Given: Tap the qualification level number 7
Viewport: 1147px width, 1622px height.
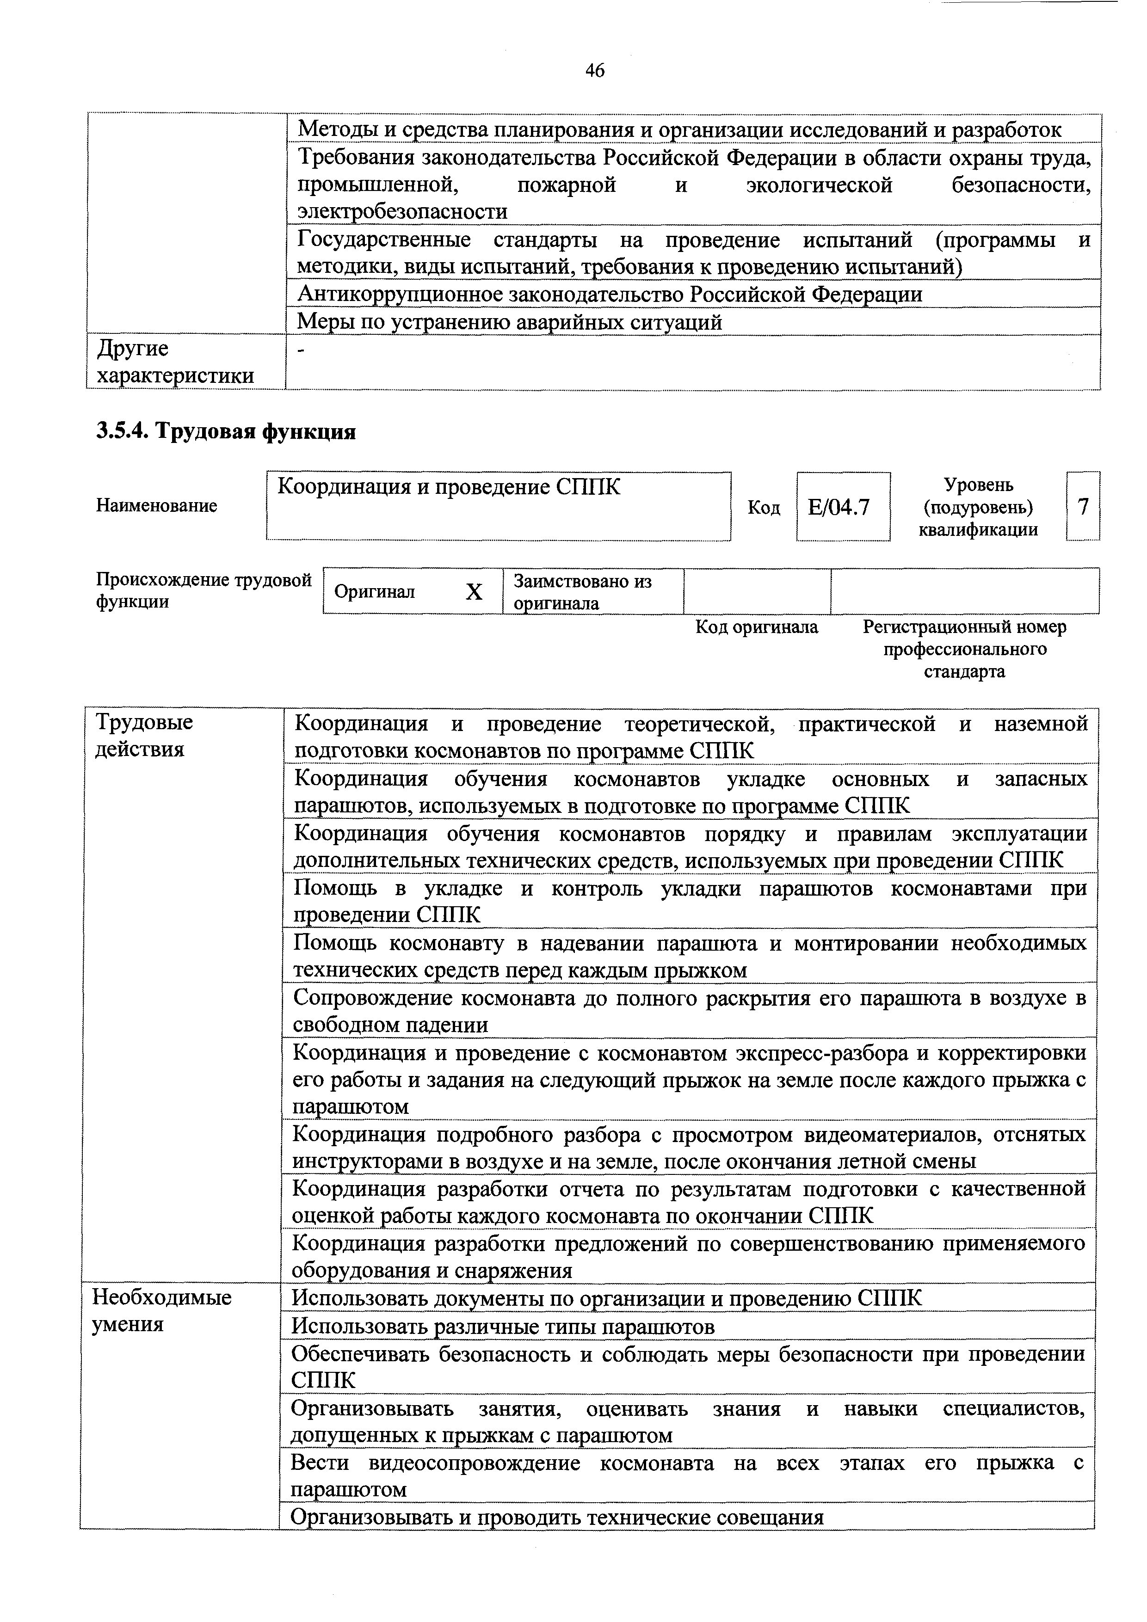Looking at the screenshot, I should pyautogui.click(x=1083, y=506).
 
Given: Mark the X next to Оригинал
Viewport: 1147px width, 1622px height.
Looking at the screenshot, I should pyautogui.click(x=474, y=592).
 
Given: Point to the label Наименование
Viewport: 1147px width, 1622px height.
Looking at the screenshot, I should pyautogui.click(x=156, y=506).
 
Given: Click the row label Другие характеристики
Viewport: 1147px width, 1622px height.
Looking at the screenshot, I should pyautogui.click(x=174, y=362).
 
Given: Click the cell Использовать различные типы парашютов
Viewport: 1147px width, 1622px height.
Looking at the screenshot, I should pyautogui.click(x=503, y=1327).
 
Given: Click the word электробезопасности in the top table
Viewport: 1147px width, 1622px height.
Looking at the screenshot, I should pyautogui.click(x=402, y=211).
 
